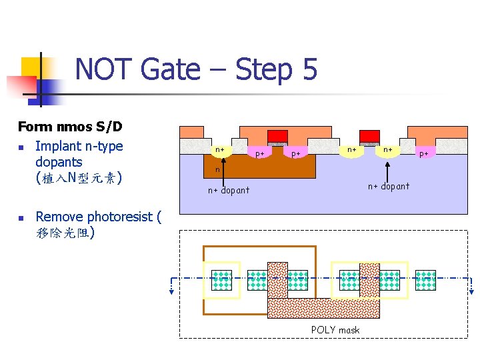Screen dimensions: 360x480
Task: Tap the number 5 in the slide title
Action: (309, 69)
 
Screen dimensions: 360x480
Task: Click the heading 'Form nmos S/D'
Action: (70, 127)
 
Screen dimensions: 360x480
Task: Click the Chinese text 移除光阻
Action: (65, 233)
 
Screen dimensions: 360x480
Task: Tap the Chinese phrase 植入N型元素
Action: (79, 179)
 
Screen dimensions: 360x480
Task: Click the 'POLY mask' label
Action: (335, 329)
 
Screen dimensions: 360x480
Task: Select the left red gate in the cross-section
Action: (277, 136)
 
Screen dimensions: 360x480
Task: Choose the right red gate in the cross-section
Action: (369, 136)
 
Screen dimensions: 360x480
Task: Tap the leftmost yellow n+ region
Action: (220, 150)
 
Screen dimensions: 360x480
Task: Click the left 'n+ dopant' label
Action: (228, 190)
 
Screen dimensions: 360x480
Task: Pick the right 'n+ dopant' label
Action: (389, 186)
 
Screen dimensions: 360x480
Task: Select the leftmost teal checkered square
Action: (221, 280)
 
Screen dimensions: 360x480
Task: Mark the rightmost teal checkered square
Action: (425, 280)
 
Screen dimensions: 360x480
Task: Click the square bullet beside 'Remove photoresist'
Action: (21, 217)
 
